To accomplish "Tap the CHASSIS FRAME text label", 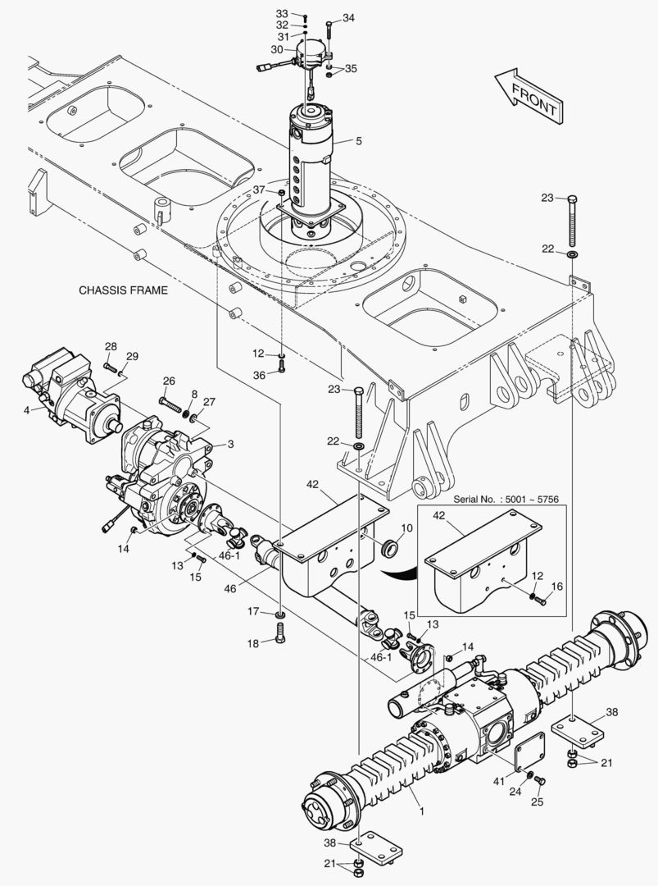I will (123, 290).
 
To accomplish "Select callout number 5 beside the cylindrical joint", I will (358, 141).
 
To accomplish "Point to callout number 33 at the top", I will (282, 15).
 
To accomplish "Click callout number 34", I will (348, 18).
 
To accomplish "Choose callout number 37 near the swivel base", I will (260, 190).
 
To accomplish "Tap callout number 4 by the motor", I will (28, 409).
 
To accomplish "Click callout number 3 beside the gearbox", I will (231, 444).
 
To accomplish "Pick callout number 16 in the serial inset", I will (556, 587).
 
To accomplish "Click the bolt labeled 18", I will (281, 633).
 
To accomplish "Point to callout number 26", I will (169, 381).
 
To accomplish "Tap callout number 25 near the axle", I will (538, 801).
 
